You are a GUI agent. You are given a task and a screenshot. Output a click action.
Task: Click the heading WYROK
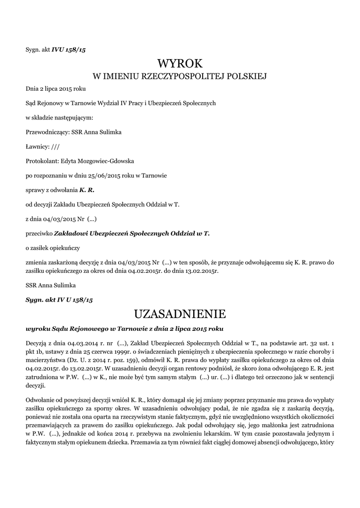pos(180,63)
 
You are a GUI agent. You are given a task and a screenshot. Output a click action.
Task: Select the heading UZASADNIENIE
pos(180,314)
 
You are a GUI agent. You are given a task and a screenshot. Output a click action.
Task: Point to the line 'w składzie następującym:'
pos(59,118)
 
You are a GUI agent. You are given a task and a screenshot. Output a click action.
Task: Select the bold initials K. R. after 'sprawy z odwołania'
pos(86,190)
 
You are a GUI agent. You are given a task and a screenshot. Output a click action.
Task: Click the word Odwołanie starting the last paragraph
pos(40,399)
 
